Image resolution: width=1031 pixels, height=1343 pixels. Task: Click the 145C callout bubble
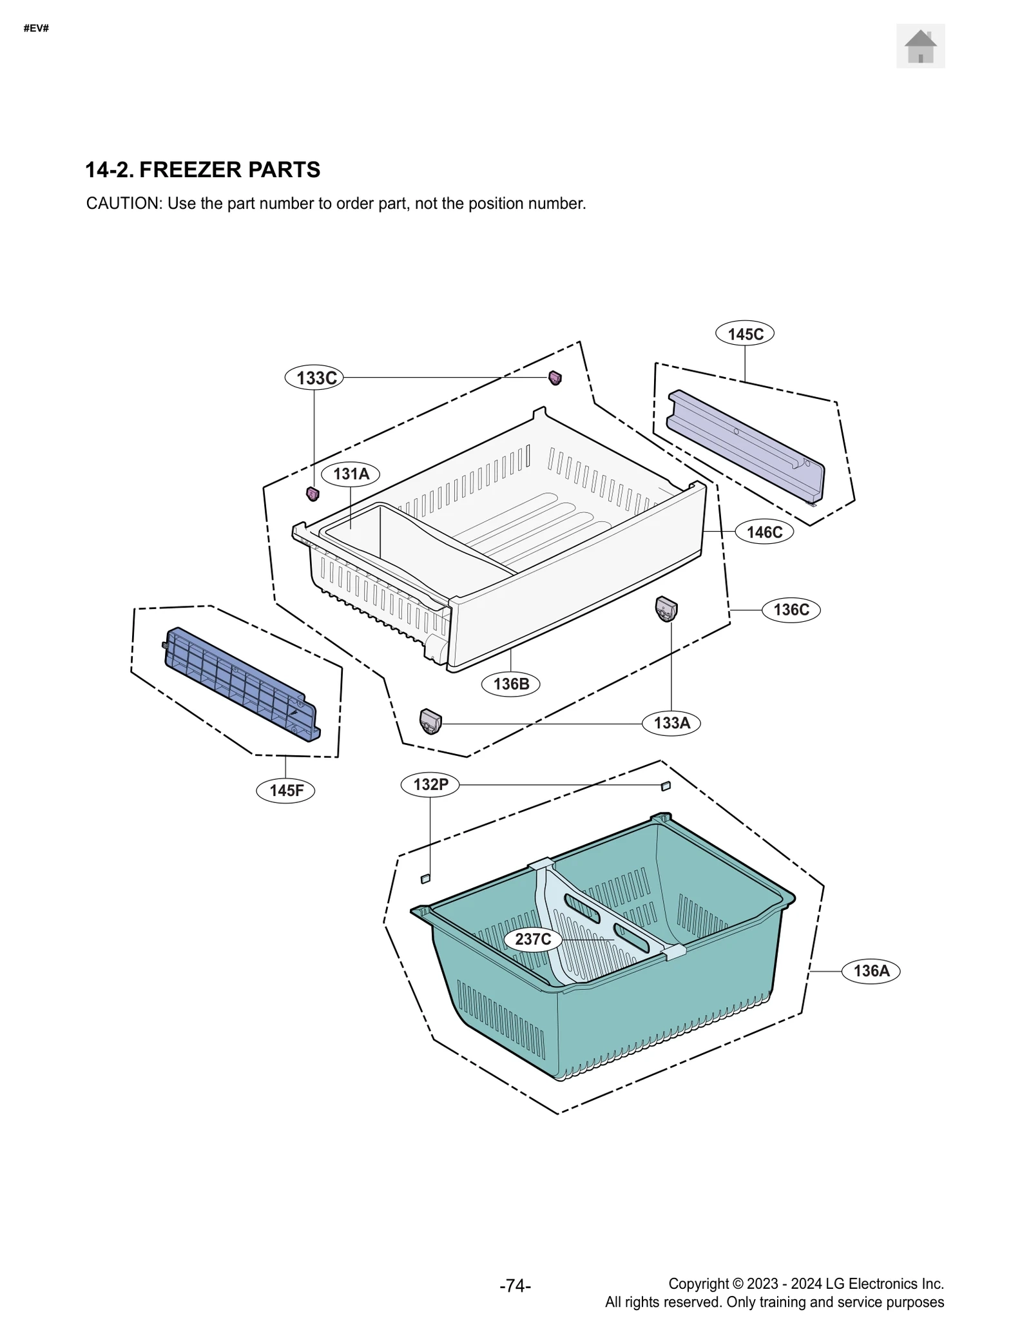745,334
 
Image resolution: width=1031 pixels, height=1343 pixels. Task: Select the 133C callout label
314,378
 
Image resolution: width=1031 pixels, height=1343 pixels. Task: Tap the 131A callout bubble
351,474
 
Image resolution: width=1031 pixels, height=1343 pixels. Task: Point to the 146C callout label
764,532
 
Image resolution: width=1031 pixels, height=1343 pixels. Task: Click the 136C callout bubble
791,610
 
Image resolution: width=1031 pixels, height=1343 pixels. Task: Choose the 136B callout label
511,684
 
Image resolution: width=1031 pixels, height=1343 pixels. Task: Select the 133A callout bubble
671,723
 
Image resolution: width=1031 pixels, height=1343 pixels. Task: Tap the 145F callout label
286,790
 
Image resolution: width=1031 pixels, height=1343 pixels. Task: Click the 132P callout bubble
430,784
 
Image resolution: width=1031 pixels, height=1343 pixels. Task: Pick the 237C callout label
533,939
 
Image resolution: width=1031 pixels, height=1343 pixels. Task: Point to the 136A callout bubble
871,971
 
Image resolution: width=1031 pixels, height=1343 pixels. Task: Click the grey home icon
920,46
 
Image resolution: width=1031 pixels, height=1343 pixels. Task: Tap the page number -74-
515,1286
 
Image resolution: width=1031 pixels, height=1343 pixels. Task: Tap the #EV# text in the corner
36,29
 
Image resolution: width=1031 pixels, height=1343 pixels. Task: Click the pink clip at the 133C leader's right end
555,378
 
